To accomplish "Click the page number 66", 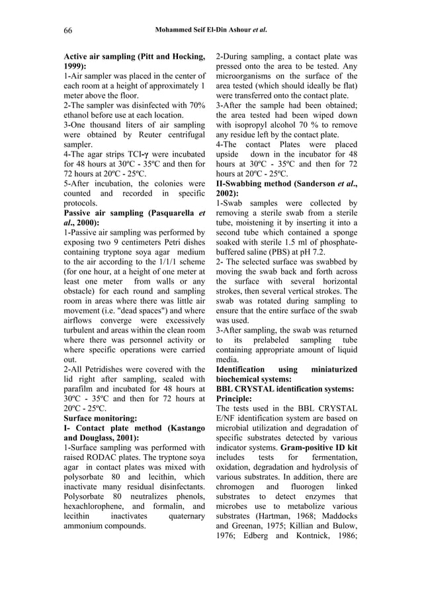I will tap(68, 30).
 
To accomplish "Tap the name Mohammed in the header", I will tap(174, 30).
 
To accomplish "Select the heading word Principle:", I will tap(238, 399).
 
